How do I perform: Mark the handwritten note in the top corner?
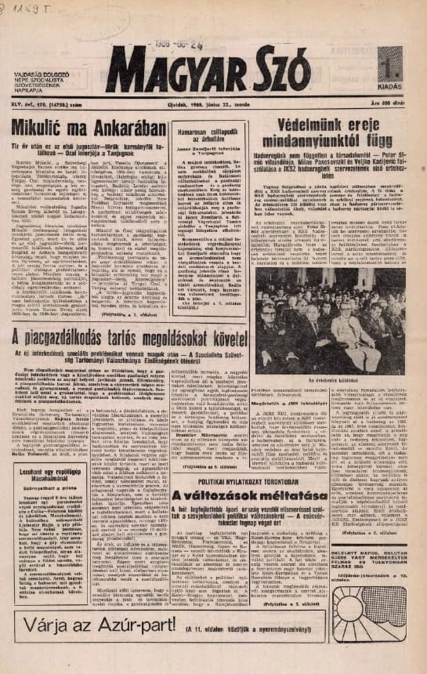click(21, 9)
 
